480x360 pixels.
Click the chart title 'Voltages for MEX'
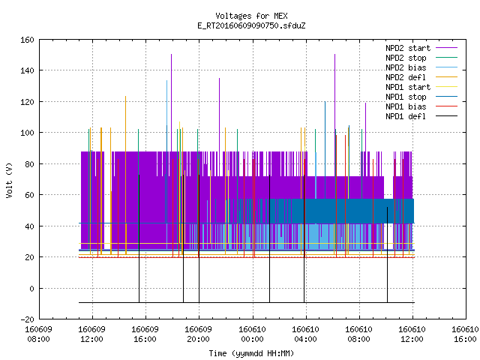point(251,16)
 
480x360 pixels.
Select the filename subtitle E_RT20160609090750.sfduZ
point(251,25)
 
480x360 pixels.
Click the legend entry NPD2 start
point(408,48)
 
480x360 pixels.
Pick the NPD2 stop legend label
point(406,58)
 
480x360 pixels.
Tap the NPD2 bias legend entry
point(406,67)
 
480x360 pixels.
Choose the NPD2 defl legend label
point(406,77)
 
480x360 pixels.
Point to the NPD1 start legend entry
point(408,87)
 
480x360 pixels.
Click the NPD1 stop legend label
point(406,97)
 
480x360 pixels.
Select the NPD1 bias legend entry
point(406,106)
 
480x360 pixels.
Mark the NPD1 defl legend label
point(406,117)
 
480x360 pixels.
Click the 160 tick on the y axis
point(27,40)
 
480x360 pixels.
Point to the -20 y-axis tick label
point(27,319)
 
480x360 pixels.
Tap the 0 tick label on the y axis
point(31,288)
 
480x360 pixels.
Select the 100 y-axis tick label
point(27,133)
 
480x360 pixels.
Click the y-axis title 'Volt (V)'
point(9,180)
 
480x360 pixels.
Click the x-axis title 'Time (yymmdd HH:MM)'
point(251,353)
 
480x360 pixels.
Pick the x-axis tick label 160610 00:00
point(253,334)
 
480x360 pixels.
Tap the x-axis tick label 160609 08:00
point(38,334)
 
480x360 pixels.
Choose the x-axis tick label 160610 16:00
point(465,334)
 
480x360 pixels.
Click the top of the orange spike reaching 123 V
point(125,97)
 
